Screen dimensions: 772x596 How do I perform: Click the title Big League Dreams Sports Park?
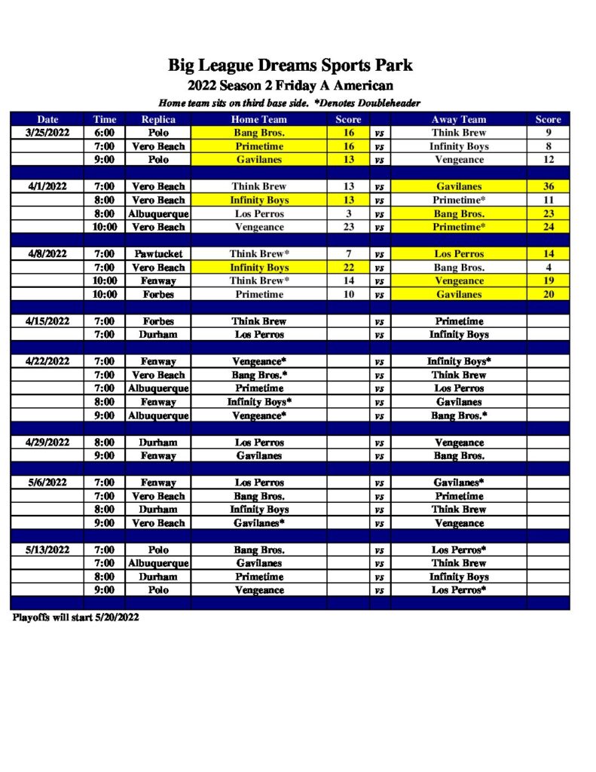coord(290,66)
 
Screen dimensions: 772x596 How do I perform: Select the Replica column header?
coord(158,119)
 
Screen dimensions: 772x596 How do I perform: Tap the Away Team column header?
coord(458,119)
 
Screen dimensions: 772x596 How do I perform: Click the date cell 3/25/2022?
coord(47,133)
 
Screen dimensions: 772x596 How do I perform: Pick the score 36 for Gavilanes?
coord(548,186)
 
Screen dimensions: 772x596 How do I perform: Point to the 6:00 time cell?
coord(104,133)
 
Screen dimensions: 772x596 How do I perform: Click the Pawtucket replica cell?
coord(158,254)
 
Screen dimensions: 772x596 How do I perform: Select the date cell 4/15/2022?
coord(47,321)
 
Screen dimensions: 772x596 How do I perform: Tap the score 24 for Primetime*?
coord(548,227)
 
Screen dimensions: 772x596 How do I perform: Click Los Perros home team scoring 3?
coord(259,213)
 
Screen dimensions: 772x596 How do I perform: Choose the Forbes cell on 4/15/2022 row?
coord(158,321)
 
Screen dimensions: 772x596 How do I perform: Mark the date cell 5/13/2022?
coord(47,550)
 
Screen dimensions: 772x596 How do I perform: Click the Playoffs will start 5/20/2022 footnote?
coord(75,617)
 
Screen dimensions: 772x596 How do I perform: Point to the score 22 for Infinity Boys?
coord(348,268)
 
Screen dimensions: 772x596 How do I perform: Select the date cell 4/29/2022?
coord(47,443)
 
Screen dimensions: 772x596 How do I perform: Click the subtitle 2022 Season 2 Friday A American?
coord(290,86)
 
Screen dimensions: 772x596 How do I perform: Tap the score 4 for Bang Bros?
coord(548,268)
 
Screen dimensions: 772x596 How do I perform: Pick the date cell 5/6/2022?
coord(47,482)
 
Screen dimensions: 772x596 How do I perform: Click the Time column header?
coord(104,119)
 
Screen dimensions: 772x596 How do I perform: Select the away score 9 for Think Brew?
coord(548,133)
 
